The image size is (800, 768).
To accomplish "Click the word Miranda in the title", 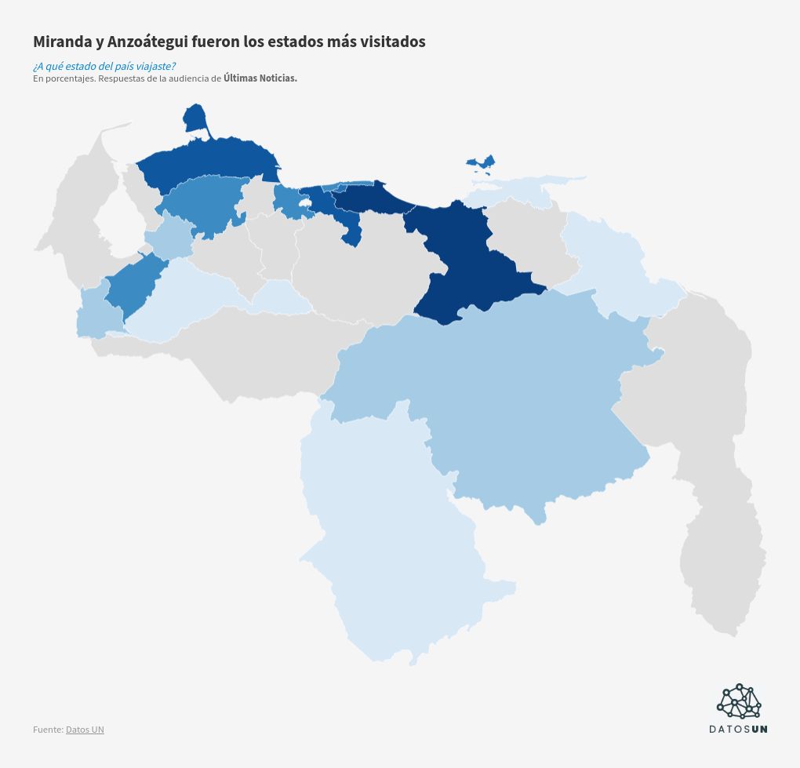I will pos(64,42).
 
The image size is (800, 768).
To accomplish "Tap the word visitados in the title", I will pos(393,42).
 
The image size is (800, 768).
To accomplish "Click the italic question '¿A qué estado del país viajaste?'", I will pos(104,66).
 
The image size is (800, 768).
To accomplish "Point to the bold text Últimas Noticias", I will pos(260,78).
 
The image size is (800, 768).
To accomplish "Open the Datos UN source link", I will pos(85,730).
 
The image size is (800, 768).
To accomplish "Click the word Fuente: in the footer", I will pos(48,730).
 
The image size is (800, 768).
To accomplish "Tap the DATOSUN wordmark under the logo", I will pos(738,729).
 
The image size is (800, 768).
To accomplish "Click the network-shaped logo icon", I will pos(739,701).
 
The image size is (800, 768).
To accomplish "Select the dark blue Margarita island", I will pos(480,162).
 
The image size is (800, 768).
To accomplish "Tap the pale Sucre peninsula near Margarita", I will pos(518,188).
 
